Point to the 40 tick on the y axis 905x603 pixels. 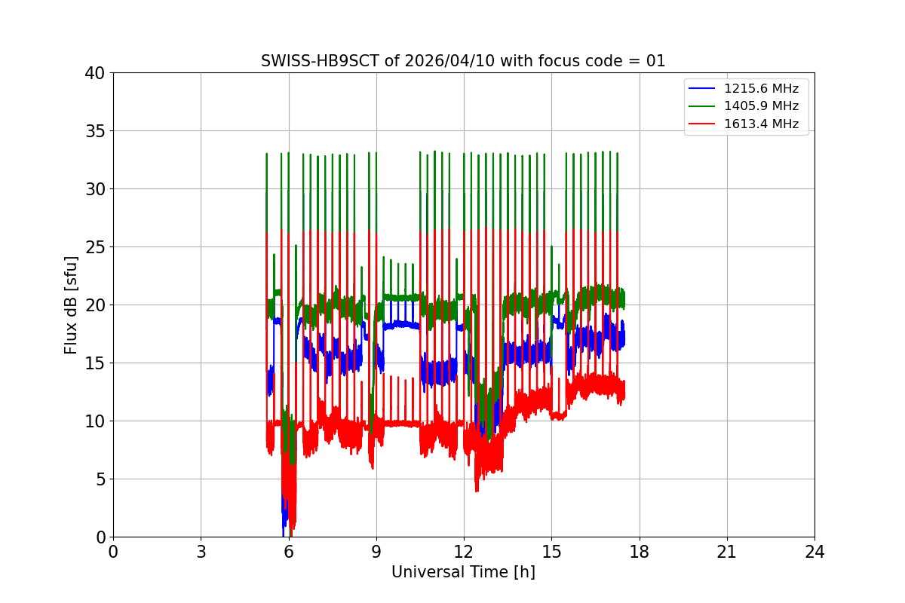point(95,73)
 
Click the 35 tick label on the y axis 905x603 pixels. point(95,131)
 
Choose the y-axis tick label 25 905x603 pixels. point(95,247)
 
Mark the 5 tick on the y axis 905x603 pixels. point(100,479)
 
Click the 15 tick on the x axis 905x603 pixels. point(551,552)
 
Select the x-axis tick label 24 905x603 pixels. point(814,552)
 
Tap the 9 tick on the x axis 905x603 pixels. point(376,552)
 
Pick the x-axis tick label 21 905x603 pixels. point(727,552)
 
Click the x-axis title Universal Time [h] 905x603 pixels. point(463,572)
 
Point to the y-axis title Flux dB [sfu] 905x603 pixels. point(71,305)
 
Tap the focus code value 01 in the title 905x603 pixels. point(655,61)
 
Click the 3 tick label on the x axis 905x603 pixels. point(201,552)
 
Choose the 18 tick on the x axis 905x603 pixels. point(640,552)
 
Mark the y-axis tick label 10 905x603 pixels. point(95,421)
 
